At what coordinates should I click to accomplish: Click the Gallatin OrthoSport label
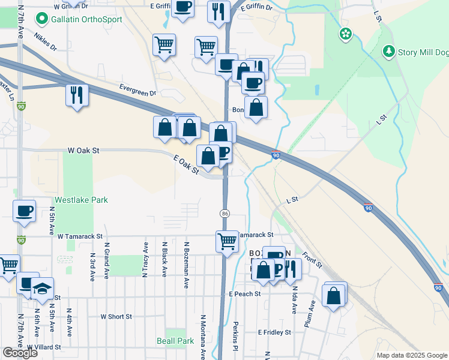click(87, 19)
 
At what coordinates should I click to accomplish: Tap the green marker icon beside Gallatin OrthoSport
click(41, 19)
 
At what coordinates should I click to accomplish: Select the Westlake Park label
click(81, 200)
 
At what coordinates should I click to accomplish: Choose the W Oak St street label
click(83, 150)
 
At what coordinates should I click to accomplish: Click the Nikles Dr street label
click(45, 41)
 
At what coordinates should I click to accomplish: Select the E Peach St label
click(245, 294)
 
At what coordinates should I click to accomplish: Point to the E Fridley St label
click(274, 332)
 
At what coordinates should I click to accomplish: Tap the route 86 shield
click(224, 214)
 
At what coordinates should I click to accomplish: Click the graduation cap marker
click(42, 288)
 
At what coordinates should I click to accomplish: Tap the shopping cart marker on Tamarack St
click(226, 241)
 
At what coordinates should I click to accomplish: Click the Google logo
click(20, 352)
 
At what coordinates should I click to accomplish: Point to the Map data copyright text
click(412, 355)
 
